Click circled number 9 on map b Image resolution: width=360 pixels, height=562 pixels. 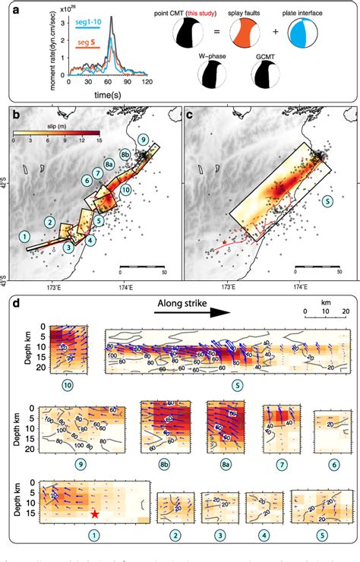pyautogui.click(x=143, y=140)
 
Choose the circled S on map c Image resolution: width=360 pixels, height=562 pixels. pyautogui.click(x=327, y=201)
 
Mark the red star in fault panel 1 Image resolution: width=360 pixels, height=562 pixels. pyautogui.click(x=94, y=514)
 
